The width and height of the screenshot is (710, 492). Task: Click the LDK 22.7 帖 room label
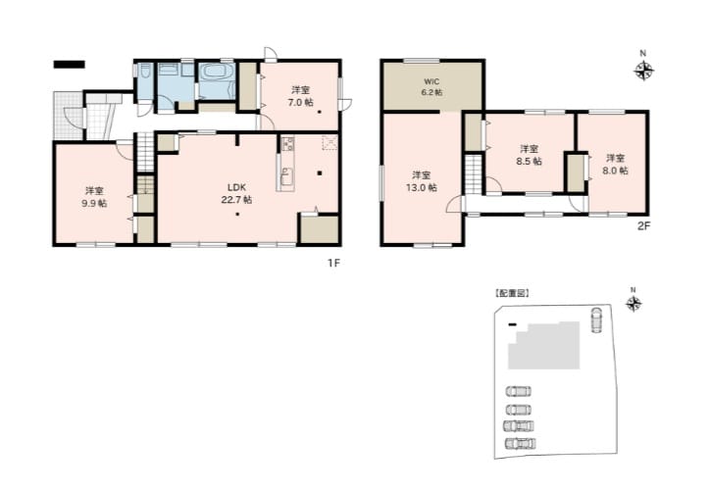click(236, 193)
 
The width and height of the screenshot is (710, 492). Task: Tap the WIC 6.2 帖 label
click(432, 87)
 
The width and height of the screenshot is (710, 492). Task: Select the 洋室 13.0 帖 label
click(421, 181)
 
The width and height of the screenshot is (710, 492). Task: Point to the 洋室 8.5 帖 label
click(529, 155)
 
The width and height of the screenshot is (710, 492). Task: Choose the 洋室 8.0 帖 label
click(615, 165)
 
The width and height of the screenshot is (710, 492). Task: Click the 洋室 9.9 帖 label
click(94, 197)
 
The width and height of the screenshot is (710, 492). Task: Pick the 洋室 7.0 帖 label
click(301, 96)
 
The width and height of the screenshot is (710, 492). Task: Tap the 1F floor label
click(333, 264)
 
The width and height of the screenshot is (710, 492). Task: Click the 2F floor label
click(644, 226)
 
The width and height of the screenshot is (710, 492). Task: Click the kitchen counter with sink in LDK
click(285, 164)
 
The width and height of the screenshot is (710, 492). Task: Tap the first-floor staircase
click(145, 152)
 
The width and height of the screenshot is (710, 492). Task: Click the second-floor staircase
click(474, 174)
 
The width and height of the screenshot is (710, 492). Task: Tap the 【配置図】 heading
click(512, 293)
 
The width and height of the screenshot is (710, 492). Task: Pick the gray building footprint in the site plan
click(544, 345)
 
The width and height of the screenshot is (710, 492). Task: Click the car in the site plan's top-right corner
click(597, 320)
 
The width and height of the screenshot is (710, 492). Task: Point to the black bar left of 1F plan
click(70, 65)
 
